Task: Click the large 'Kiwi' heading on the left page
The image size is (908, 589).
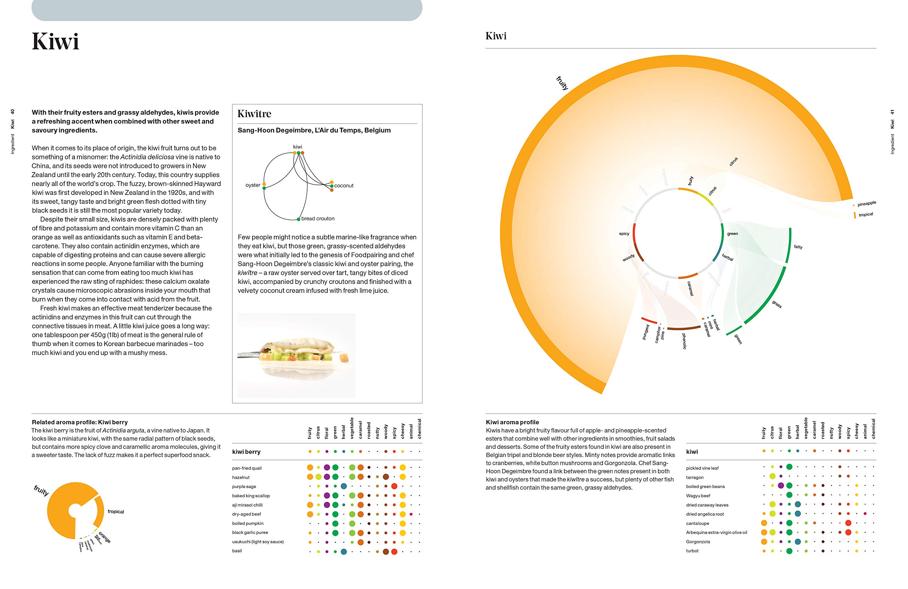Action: (56, 41)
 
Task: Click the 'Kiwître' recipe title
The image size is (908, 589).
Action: (254, 114)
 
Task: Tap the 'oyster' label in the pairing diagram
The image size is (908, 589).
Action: (253, 185)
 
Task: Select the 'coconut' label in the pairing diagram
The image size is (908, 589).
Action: (344, 186)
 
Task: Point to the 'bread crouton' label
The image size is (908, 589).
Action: (318, 219)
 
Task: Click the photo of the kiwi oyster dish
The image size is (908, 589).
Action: (296, 355)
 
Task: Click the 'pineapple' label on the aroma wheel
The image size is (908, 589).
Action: (867, 203)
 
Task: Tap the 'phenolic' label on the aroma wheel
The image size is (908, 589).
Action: (684, 341)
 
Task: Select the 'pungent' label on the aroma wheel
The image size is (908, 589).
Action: (646, 332)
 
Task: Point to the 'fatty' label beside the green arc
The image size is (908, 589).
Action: (798, 247)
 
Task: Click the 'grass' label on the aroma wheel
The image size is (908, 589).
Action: (777, 304)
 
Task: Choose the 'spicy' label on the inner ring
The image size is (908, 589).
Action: (624, 234)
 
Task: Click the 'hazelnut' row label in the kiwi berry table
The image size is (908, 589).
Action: (241, 478)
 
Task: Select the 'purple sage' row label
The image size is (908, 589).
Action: (244, 487)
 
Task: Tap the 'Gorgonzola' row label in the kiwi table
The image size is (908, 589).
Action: (698, 542)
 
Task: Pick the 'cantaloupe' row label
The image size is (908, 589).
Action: (697, 523)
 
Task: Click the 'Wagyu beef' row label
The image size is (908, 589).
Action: (698, 496)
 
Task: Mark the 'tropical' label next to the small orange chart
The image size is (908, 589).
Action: (116, 512)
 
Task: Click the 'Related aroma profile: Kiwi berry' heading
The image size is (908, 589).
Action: (80, 422)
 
